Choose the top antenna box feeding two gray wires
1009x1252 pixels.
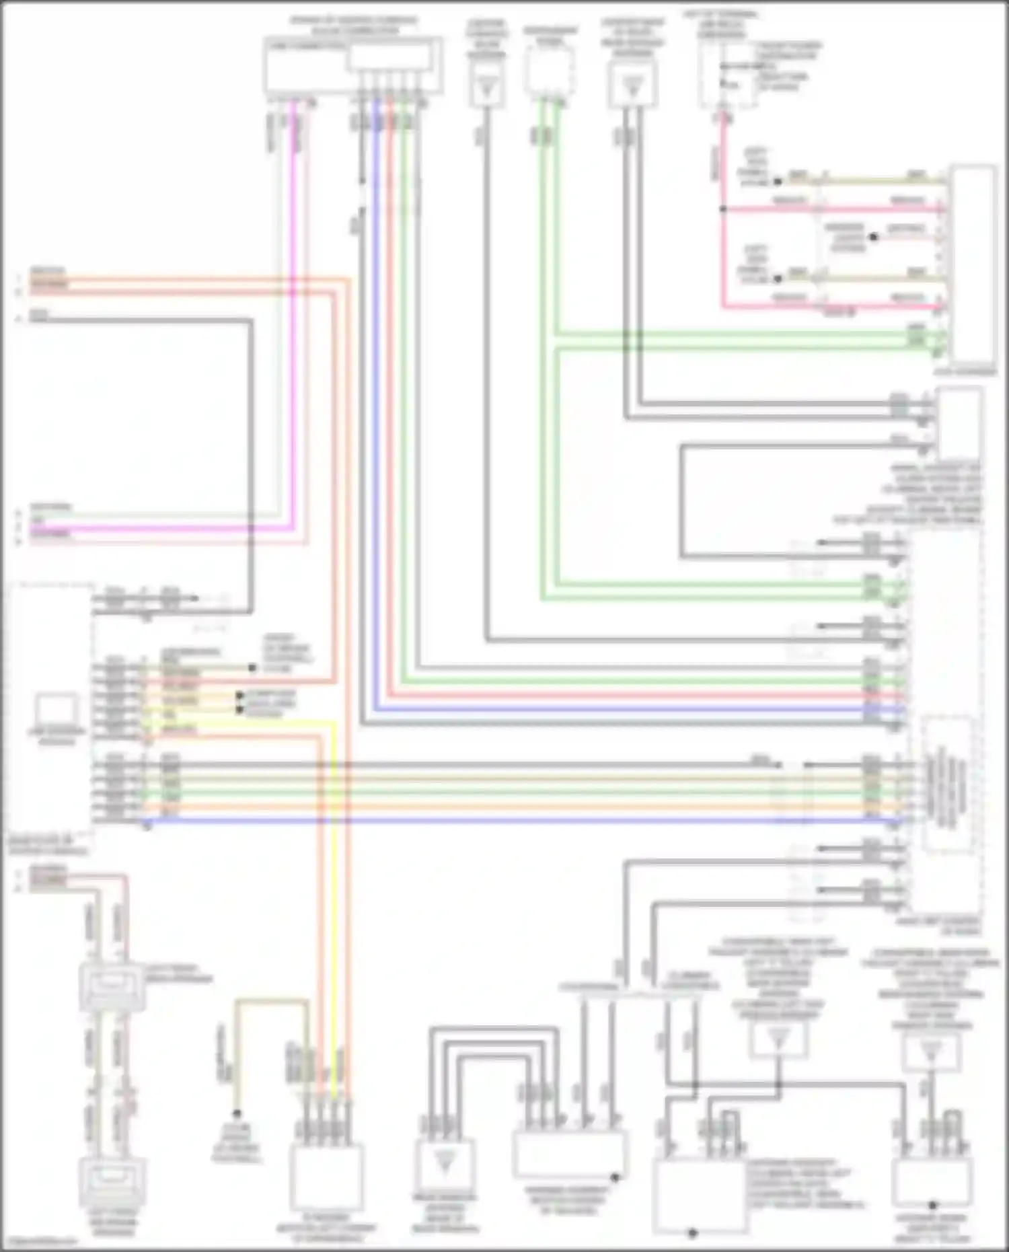[632, 85]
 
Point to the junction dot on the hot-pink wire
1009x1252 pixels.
[723, 209]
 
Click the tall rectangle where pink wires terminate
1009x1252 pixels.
[972, 262]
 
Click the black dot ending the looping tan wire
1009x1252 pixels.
[237, 1113]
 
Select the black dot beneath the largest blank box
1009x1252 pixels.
[693, 1233]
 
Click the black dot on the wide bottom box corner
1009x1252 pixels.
[615, 1177]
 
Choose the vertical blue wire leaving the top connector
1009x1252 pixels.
[376, 404]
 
